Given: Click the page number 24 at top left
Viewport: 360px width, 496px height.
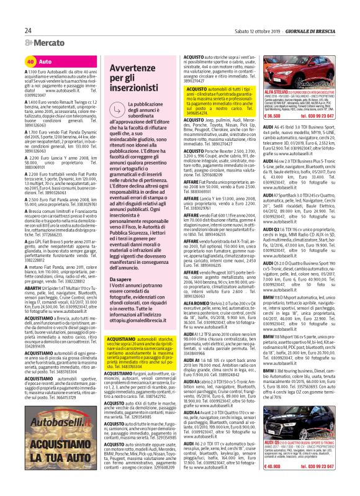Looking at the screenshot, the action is click(x=28, y=31).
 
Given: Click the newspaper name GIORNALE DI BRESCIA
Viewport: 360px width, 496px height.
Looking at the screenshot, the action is click(x=309, y=31).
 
